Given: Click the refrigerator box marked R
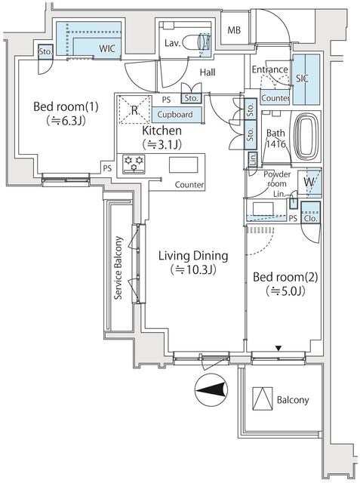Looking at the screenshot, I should click(x=134, y=110).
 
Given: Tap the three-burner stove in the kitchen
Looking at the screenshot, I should click(x=135, y=164).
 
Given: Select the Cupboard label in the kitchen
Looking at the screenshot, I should click(x=174, y=115).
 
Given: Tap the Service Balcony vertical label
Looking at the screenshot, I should click(x=118, y=269).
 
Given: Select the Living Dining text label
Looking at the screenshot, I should click(x=192, y=256).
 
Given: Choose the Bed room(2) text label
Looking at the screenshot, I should click(x=286, y=276).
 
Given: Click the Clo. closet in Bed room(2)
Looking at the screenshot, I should click(x=310, y=219).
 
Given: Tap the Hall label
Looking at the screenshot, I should click(x=209, y=72).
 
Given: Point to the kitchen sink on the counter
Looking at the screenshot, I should click(x=183, y=165).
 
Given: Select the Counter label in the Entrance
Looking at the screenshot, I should click(x=275, y=98).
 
